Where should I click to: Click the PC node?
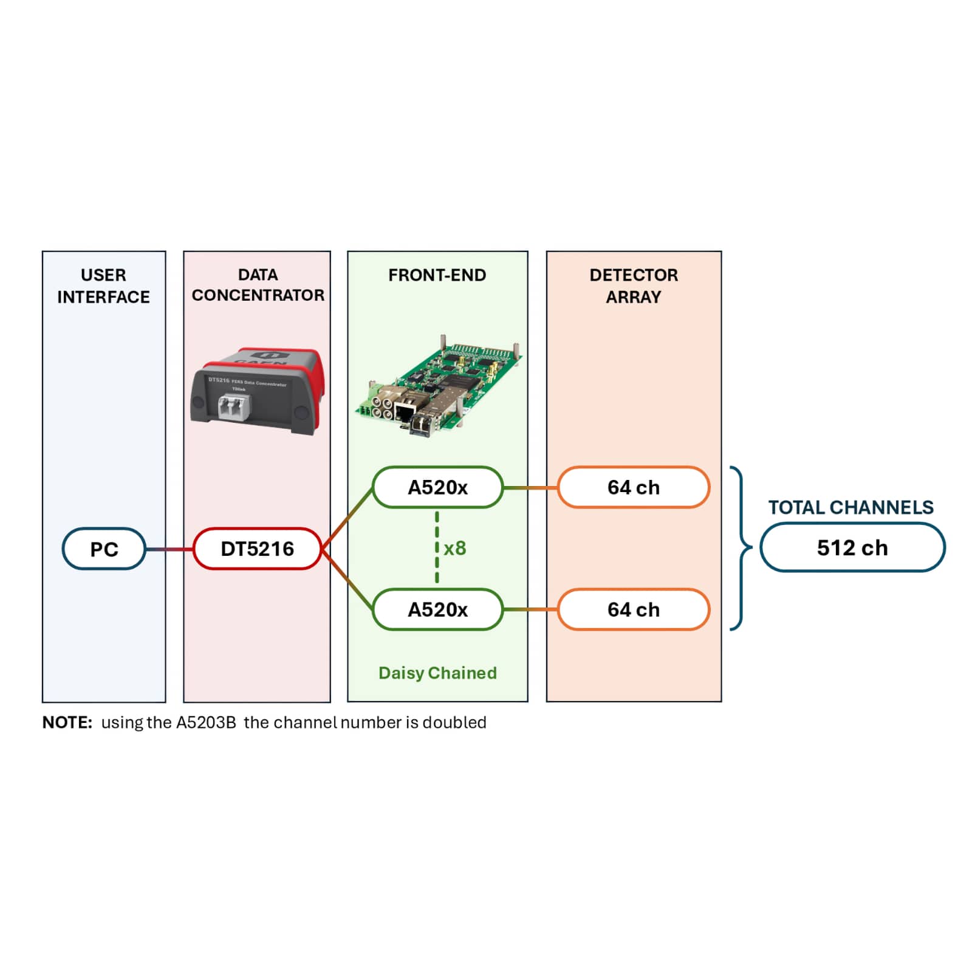tap(104, 549)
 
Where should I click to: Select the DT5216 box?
tap(257, 549)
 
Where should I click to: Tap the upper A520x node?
tap(437, 487)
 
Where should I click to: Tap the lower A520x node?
tap(437, 609)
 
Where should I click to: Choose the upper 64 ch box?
tap(633, 487)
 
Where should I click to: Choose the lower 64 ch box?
tap(633, 609)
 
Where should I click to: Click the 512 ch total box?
tap(852, 547)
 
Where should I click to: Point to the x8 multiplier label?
tap(454, 548)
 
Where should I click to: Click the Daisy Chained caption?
tap(437, 673)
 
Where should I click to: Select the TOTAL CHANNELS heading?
tap(850, 507)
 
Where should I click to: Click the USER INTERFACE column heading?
tap(103, 286)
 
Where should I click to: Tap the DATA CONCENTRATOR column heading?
tap(258, 285)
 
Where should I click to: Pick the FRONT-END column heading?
tap(437, 275)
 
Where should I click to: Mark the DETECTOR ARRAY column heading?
tap(633, 286)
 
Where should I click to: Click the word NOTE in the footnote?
tap(67, 722)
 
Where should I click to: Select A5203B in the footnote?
tap(206, 722)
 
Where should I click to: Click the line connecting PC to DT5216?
tap(169, 549)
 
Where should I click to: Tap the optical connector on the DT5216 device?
tap(234, 405)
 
